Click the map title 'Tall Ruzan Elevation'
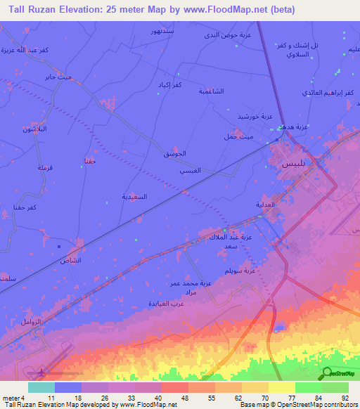[x=62, y=9]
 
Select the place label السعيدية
[x=135, y=197]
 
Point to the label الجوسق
[x=174, y=153]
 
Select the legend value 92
[x=345, y=398]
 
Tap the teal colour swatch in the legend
[x=41, y=387]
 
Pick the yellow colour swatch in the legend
[x=282, y=387]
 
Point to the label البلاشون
[x=36, y=129]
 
